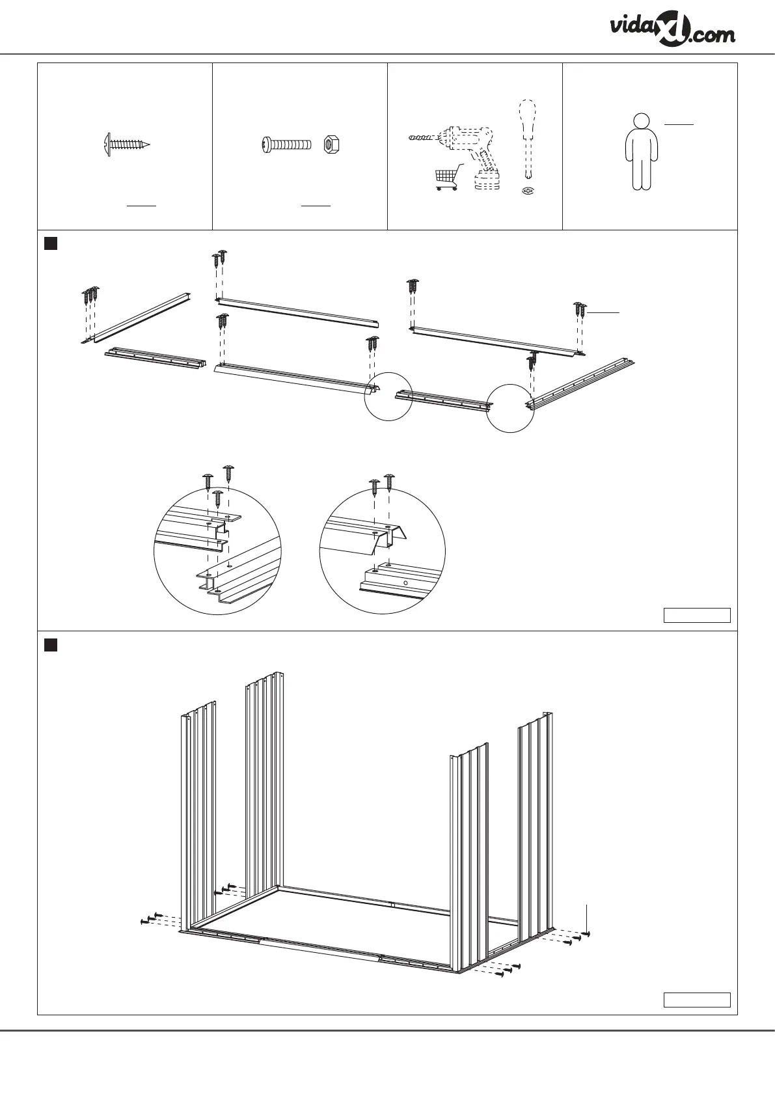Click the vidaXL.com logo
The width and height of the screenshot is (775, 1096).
click(672, 31)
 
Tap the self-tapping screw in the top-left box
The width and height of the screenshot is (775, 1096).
click(127, 143)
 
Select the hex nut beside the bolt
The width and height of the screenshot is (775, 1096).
click(330, 143)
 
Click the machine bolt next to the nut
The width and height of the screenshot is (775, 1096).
click(287, 143)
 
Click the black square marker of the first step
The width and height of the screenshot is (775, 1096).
click(50, 244)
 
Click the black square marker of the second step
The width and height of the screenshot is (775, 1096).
click(50, 644)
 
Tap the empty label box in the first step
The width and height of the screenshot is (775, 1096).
click(696, 615)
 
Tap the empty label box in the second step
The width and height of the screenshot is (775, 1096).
click(696, 1000)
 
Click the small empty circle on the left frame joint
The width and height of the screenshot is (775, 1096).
click(388, 396)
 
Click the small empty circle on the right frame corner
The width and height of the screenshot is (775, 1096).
click(510, 407)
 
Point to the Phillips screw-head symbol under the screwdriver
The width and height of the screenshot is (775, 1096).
click(528, 191)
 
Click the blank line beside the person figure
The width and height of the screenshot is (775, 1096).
click(679, 123)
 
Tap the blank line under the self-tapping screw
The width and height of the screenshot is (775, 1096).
click(141, 206)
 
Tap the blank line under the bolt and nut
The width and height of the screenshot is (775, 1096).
click(316, 206)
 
